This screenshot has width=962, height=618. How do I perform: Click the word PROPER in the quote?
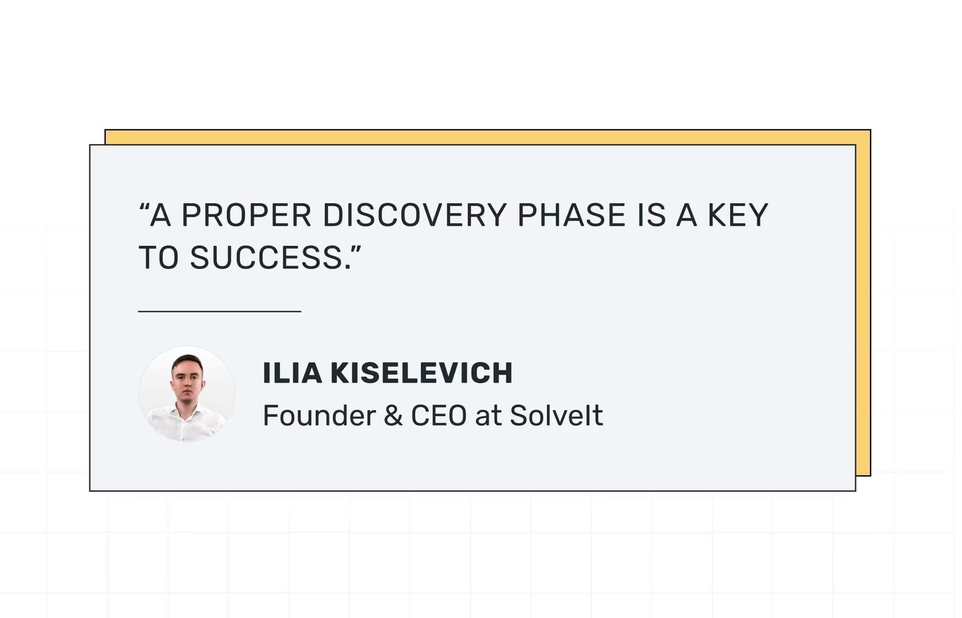click(246, 215)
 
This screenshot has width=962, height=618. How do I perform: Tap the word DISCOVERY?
click(414, 215)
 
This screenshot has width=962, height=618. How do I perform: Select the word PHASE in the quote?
click(572, 215)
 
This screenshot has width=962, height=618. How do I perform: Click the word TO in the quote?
click(158, 258)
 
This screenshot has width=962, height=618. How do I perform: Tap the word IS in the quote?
click(651, 215)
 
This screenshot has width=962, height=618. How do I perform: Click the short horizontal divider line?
click(219, 311)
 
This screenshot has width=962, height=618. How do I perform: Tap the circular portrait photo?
click(187, 394)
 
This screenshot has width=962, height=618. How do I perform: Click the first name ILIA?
click(292, 373)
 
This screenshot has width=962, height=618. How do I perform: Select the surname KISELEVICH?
click(421, 373)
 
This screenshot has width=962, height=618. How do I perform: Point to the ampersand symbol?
click(393, 416)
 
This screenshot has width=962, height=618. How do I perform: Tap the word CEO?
click(439, 416)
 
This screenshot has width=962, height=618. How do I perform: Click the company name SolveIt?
click(556, 416)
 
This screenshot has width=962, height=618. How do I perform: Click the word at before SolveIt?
click(488, 417)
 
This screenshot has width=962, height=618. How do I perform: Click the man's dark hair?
click(187, 361)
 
